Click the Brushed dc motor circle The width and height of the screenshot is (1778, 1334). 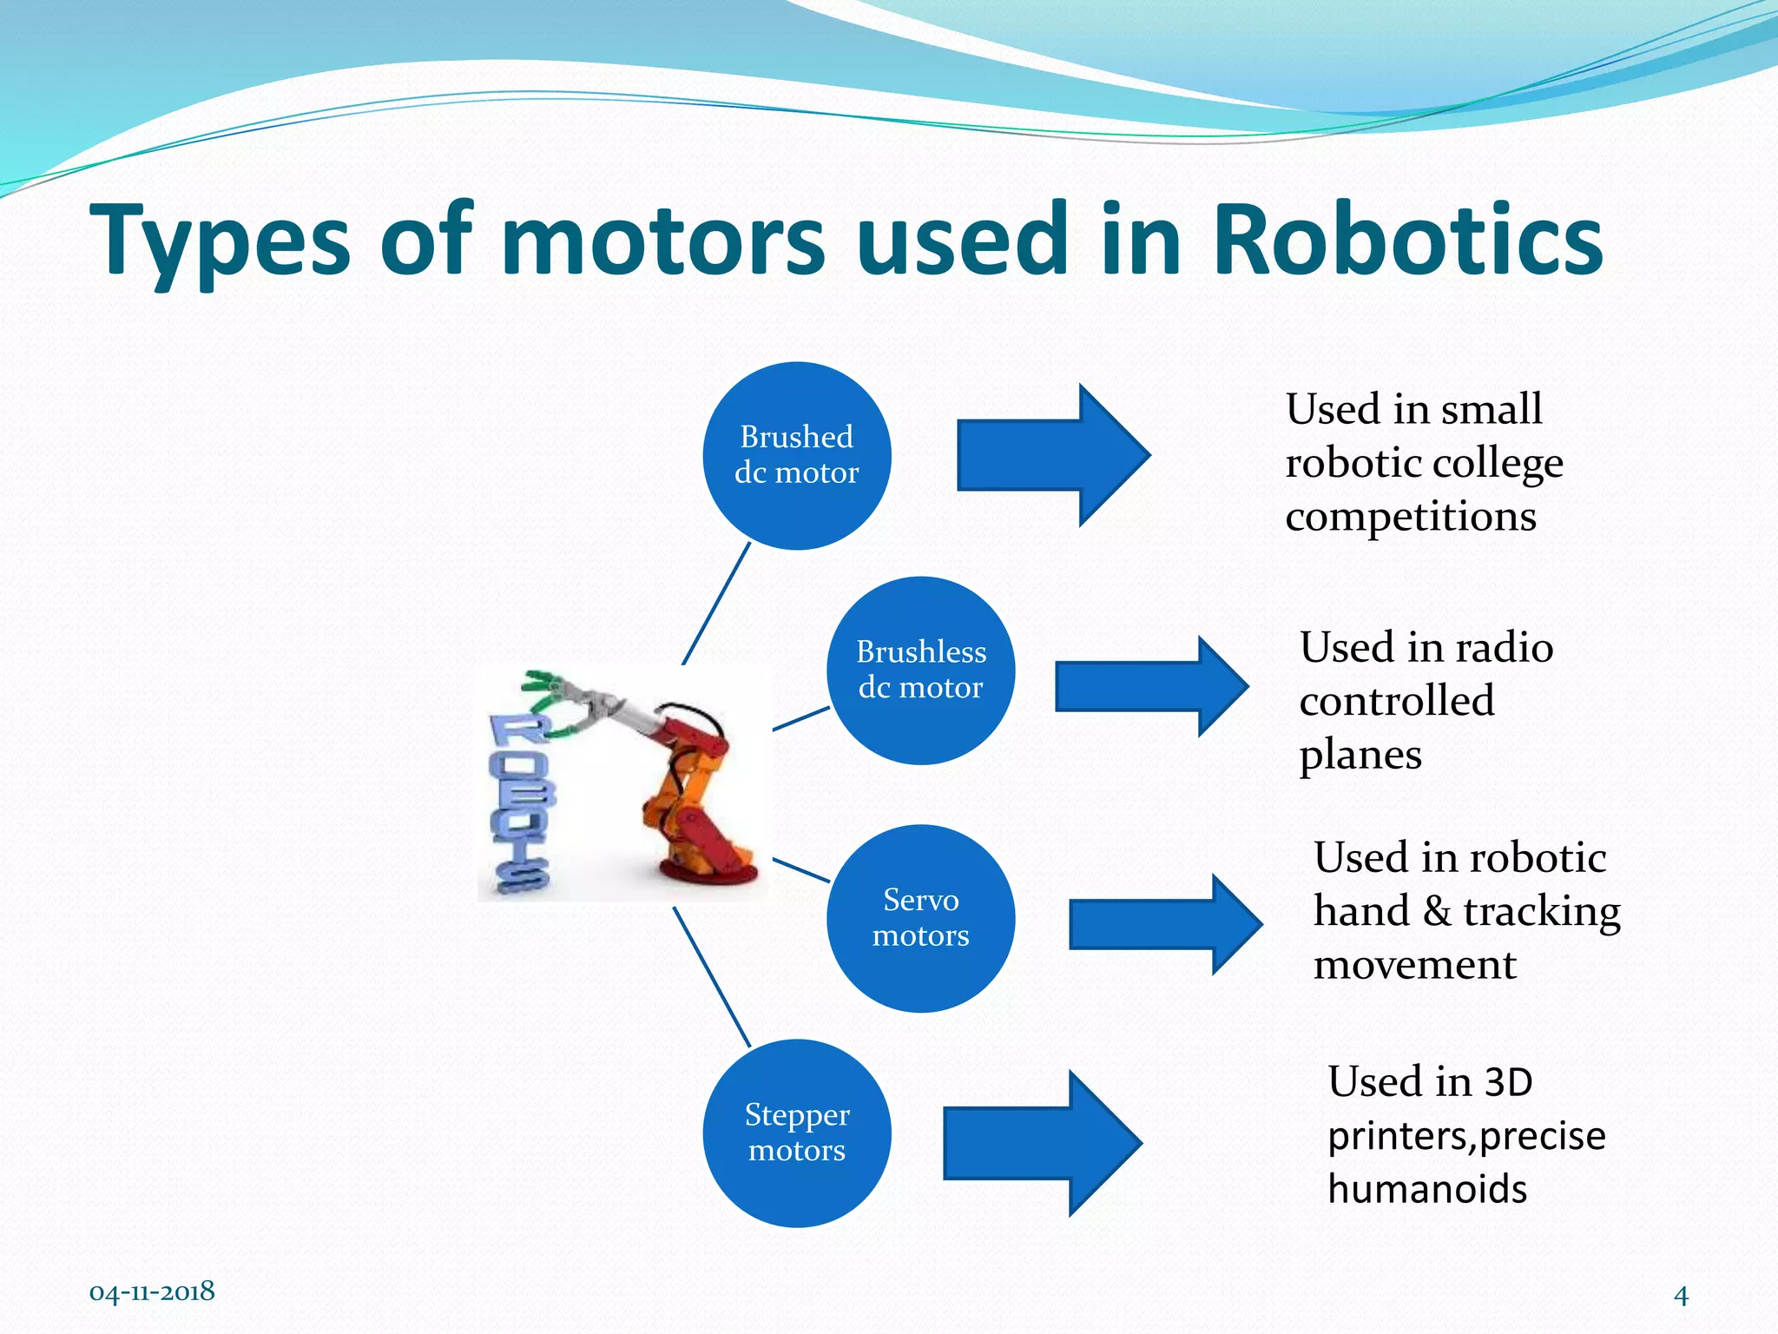(796, 455)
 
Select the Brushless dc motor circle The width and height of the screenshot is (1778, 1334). (920, 670)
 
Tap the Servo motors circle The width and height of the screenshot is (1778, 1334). (920, 918)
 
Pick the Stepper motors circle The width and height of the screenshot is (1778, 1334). (796, 1133)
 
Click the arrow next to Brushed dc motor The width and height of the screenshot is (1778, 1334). (1050, 455)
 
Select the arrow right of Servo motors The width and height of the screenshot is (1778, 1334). (1163, 924)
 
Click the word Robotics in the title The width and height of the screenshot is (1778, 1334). (1406, 240)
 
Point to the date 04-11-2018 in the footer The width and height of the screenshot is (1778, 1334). (152, 1291)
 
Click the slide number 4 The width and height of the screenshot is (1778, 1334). (1681, 1296)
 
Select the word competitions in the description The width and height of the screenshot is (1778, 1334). (1411, 518)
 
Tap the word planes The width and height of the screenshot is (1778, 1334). (1360, 755)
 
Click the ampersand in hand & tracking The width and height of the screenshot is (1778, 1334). (1436, 911)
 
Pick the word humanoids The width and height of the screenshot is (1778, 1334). (1427, 1189)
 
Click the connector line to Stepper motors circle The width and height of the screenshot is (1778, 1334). (711, 977)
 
